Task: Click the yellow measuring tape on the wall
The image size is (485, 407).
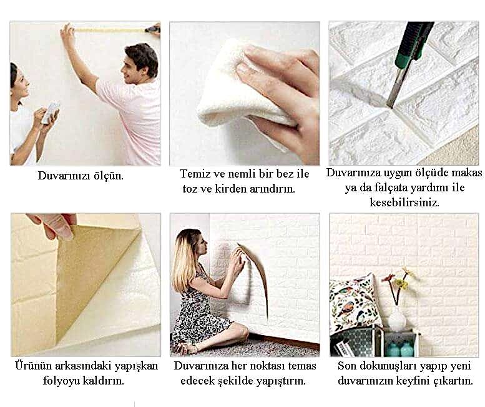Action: (x=109, y=29)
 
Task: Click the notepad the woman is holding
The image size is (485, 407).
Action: (x=51, y=111)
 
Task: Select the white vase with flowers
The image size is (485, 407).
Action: (x=396, y=319)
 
